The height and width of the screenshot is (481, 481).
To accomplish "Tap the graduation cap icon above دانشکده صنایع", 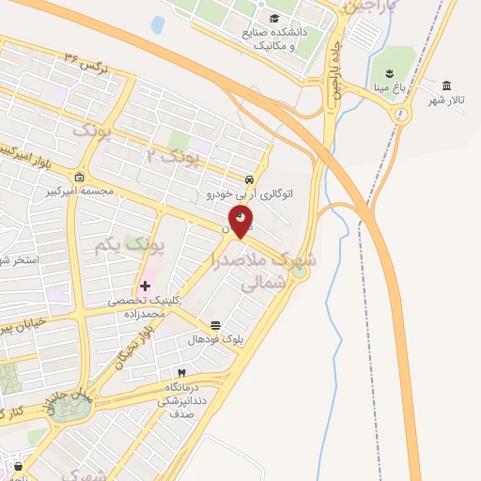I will tap(274, 19).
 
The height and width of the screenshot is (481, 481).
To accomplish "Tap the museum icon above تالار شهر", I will tap(446, 85).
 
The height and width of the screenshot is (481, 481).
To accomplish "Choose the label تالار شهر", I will tap(448, 100).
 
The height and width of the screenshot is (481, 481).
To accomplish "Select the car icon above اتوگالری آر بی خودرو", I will tap(248, 179).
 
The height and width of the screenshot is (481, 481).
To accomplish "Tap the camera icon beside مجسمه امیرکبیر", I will tap(80, 178).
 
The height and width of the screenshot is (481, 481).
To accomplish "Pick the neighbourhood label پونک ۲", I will tap(176, 156).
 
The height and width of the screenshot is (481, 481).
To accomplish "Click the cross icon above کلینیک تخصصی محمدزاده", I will tap(146, 286).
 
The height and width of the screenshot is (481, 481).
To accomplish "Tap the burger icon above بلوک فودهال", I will tap(216, 325).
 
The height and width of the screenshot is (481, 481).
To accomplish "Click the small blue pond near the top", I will tap(157, 24).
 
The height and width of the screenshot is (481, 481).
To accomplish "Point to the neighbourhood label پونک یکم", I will tap(130, 246).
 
